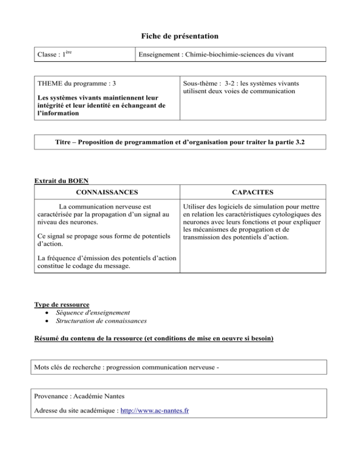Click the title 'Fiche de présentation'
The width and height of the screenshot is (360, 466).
pos(180,36)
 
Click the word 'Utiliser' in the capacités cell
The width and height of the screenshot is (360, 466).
pos(197,207)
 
